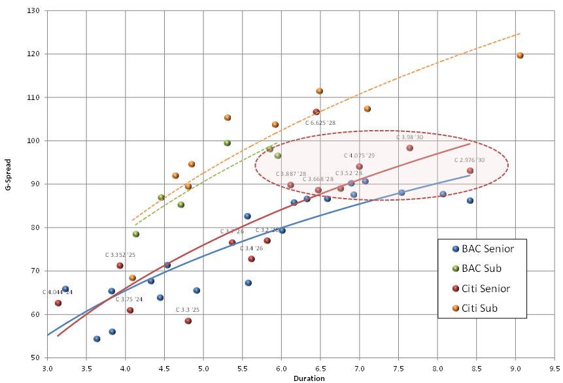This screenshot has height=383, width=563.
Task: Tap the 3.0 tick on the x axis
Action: click(x=47, y=368)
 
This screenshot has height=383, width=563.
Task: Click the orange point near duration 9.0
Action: click(x=520, y=56)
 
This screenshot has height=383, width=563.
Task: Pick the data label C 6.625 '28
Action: click(x=320, y=122)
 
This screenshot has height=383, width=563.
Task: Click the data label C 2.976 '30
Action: click(x=469, y=160)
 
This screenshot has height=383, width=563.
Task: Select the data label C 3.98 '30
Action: click(x=410, y=138)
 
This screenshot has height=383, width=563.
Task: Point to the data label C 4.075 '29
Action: click(x=360, y=156)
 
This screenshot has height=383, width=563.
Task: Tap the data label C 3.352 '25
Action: click(x=120, y=255)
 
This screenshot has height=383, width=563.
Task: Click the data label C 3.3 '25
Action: click(x=188, y=310)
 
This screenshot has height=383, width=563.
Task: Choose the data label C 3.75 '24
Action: click(x=129, y=299)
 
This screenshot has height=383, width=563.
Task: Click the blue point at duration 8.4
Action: click(x=470, y=201)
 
